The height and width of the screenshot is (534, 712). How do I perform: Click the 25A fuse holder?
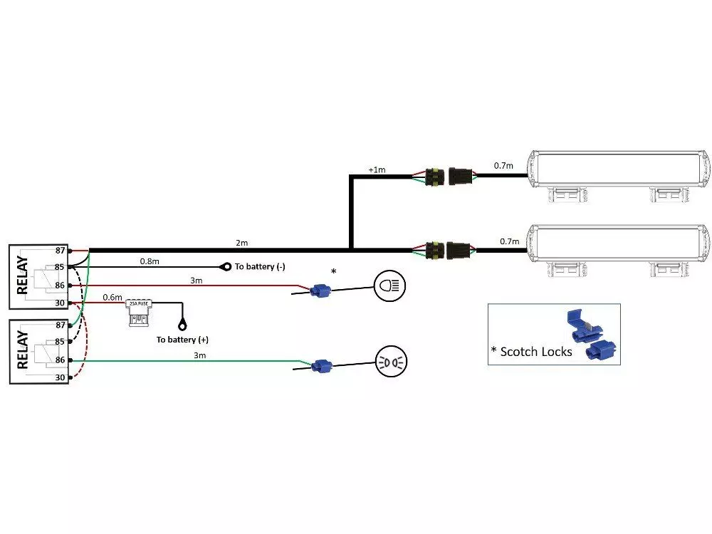coord(140,312)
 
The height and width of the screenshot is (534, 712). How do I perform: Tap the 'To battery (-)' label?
coord(260,266)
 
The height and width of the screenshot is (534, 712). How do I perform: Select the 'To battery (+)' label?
coord(182,340)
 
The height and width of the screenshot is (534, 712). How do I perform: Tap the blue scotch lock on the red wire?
coord(320,290)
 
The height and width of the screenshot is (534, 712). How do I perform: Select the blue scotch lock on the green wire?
coord(322,366)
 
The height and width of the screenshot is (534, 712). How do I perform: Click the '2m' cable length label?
coord(242,244)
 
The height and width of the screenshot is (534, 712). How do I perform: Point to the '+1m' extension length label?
coord(376,169)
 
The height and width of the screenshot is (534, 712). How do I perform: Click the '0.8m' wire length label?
coord(150,261)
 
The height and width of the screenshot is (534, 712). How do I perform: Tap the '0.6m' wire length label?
coord(112,297)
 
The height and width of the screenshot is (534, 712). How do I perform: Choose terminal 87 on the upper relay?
coord(61,250)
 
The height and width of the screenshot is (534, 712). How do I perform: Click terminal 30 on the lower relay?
coord(61,377)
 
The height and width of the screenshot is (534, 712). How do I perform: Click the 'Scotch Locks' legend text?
coord(535,351)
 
